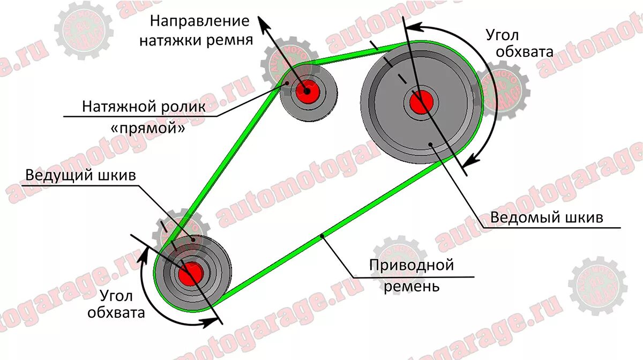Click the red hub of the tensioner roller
pyautogui.click(x=307, y=92)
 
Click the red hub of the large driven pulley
pyautogui.click(x=422, y=102)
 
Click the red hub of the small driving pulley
pyautogui.click(x=190, y=274)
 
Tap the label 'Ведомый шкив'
pyautogui.click(x=547, y=218)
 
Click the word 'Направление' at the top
pyautogui.click(x=200, y=21)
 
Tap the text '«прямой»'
pyautogui.click(x=144, y=129)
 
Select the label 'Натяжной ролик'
pyautogui.click(x=144, y=107)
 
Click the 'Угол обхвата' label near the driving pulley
pyautogui.click(x=117, y=304)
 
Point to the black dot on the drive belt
pyautogui.click(x=322, y=236)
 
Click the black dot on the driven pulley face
pyautogui.click(x=431, y=144)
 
